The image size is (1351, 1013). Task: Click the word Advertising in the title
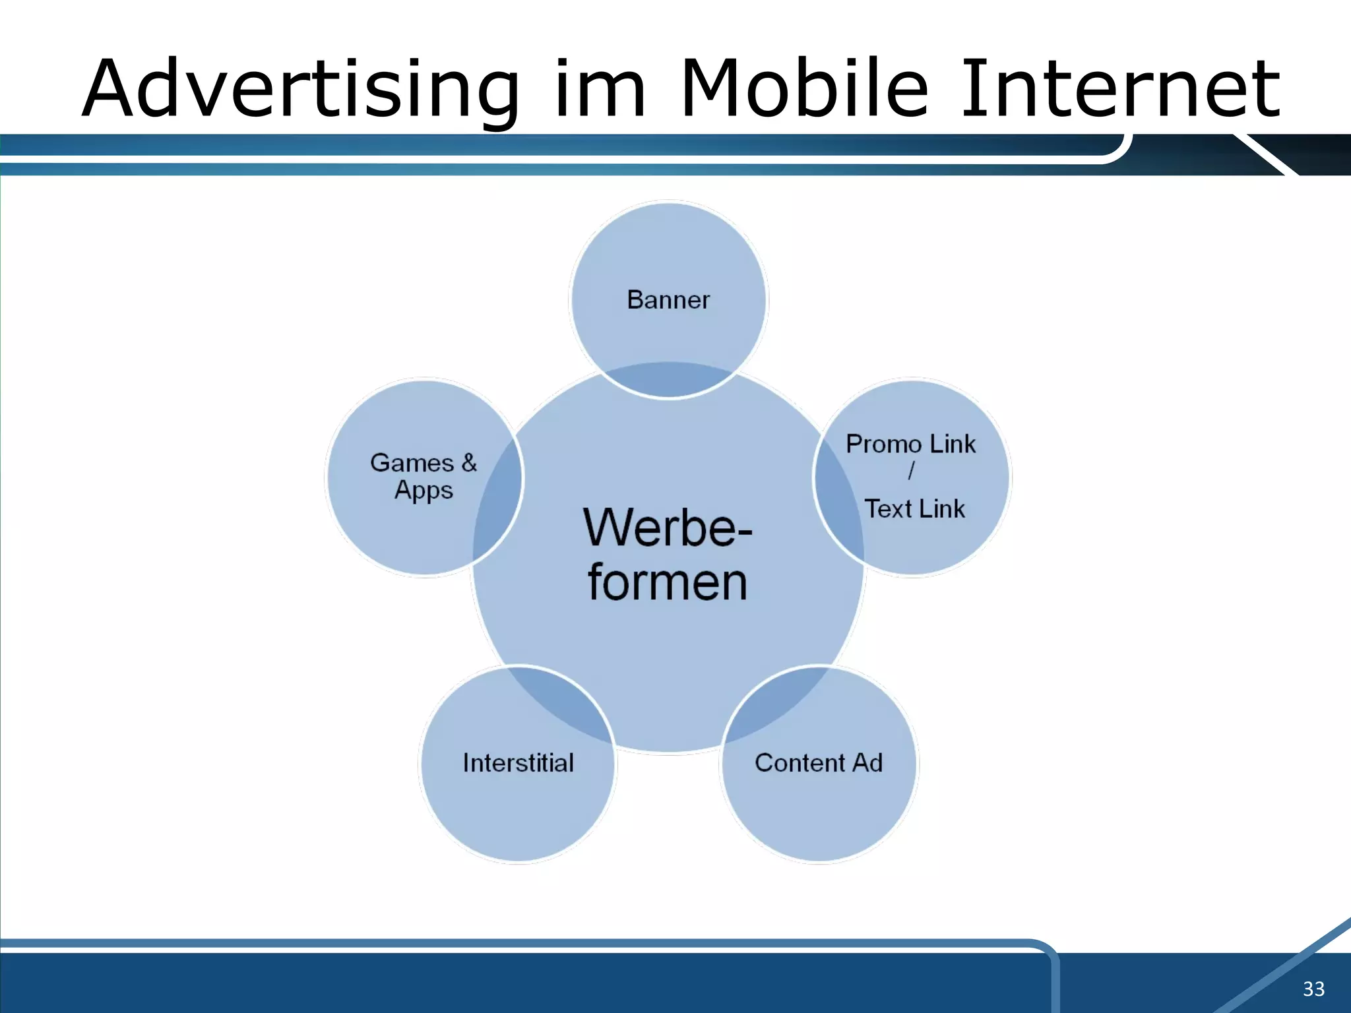point(301,89)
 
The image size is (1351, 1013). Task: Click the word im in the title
point(599,89)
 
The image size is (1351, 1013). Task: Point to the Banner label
point(668,300)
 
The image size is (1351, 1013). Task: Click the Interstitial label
point(518,763)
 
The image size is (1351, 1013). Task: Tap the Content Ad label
point(819,763)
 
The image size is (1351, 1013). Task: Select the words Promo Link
point(910,445)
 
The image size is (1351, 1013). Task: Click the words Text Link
point(914,509)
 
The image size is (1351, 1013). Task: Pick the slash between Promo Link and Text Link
point(911,471)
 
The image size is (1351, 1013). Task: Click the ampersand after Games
point(469,462)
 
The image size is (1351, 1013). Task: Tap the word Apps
point(424,491)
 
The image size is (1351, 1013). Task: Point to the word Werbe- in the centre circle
point(668,528)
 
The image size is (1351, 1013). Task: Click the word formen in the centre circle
point(668,583)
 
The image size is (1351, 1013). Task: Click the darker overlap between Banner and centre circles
point(668,380)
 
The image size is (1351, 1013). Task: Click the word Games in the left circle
point(412,463)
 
